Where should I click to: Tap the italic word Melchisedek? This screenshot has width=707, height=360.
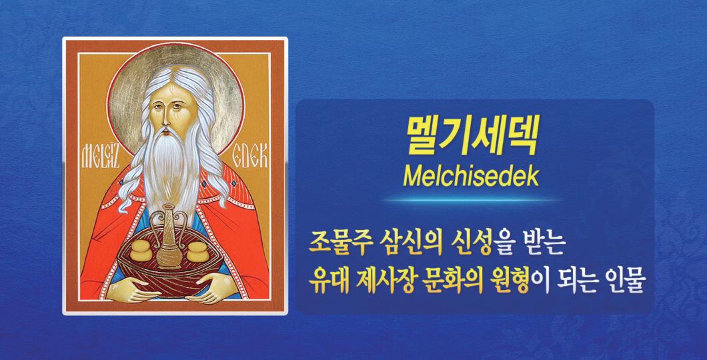tap(471, 177)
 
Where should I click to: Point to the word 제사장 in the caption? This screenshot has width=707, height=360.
tap(383, 281)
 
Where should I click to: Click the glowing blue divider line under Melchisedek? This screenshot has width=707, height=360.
tap(471, 199)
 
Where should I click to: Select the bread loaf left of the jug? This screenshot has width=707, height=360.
tap(141, 251)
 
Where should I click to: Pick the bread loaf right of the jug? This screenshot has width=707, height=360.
tap(197, 251)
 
